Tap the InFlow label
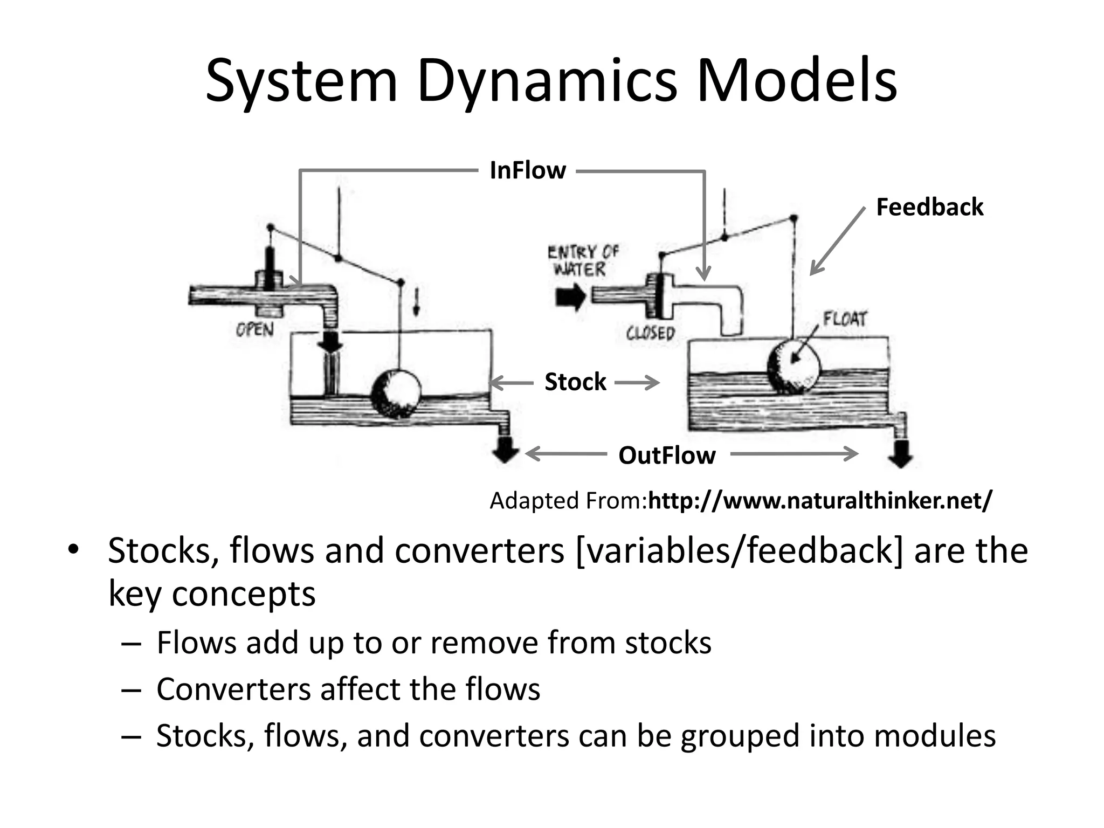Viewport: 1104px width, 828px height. (x=527, y=170)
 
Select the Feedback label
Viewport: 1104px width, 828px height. (x=929, y=207)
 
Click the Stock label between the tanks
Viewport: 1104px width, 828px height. (x=575, y=382)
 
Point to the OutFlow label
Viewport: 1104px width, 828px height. (x=667, y=456)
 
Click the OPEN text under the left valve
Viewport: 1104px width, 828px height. (x=255, y=329)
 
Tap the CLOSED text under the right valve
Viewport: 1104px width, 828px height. (x=650, y=333)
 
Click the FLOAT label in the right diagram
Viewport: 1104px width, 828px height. (x=845, y=319)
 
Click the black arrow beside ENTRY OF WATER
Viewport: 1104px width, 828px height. (x=570, y=296)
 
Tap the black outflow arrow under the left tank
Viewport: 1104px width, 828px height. (x=505, y=449)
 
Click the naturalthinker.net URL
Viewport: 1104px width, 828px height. (x=819, y=501)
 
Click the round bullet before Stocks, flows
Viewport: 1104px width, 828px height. (x=73, y=550)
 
